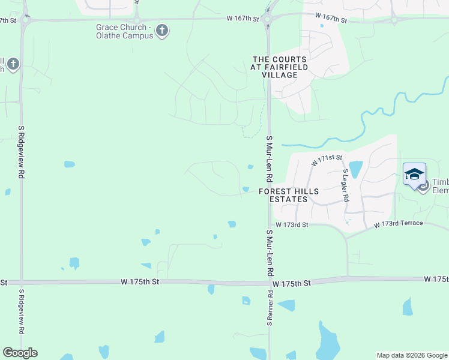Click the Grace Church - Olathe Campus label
122,31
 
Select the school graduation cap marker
414,175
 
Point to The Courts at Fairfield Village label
280,67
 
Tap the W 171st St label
326,160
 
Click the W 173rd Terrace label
398,224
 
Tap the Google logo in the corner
20,353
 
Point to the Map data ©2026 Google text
412,355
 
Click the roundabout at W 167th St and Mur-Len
268,19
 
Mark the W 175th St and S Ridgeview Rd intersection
22,281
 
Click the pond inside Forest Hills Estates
355,169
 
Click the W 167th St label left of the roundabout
243,19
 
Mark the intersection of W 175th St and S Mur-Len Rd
268,282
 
